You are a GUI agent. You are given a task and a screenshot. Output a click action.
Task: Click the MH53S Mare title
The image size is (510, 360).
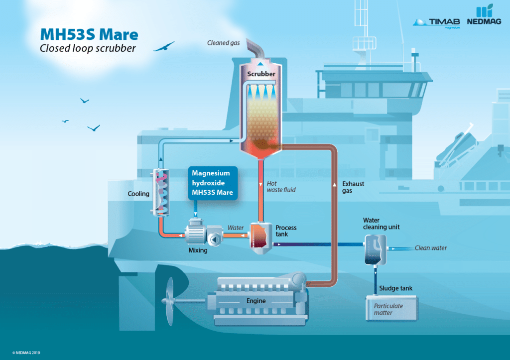(89, 34)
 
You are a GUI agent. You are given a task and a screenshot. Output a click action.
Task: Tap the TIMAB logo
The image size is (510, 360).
(436, 23)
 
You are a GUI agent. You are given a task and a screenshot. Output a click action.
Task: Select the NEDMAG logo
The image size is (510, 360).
(484, 15)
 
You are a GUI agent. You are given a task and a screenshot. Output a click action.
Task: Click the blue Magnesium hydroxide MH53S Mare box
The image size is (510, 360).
(213, 183)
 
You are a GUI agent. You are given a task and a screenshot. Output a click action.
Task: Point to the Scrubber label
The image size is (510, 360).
(261, 74)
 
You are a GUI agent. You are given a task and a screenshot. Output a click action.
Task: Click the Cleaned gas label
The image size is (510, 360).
(224, 43)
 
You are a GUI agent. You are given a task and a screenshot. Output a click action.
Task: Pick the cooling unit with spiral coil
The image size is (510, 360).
(161, 192)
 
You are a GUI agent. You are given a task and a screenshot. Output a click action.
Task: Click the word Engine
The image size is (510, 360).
(256, 301)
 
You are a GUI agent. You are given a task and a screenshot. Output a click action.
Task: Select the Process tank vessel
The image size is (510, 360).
(261, 239)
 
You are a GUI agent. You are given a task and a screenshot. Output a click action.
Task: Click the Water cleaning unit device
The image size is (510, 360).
(376, 250)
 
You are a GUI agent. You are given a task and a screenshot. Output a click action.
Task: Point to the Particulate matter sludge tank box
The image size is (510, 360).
(391, 308)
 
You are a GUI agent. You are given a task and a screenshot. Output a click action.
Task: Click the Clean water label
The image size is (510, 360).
(431, 248)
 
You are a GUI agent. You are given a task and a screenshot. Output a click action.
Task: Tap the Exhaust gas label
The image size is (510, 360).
(353, 187)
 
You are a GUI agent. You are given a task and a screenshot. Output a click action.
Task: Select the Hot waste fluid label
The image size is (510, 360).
(281, 187)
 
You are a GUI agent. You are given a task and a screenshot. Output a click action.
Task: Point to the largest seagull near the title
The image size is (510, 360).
(164, 46)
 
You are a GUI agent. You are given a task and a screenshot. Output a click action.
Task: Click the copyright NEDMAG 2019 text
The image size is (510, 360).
(26, 353)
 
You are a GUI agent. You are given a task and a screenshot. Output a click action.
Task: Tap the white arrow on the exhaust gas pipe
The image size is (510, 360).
(334, 185)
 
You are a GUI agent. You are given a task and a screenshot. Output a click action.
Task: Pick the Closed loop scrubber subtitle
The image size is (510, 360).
(88, 48)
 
